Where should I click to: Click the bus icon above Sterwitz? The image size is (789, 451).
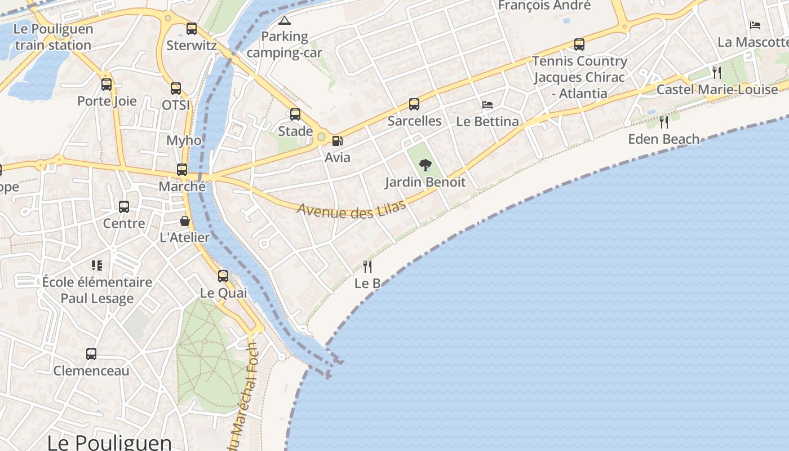[192, 28]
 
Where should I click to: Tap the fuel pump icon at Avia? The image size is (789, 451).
[337, 140]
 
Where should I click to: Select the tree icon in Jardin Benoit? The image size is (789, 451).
[425, 165]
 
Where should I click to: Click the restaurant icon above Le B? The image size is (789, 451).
[367, 266]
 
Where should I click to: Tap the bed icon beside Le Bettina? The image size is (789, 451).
[487, 105]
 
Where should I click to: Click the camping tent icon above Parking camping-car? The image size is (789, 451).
[285, 21]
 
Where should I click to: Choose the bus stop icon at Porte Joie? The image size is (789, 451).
[107, 85]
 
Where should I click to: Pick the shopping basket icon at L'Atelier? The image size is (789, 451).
[185, 221]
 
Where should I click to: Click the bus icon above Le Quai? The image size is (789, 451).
[223, 276]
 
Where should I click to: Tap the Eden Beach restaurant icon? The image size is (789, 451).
[664, 122]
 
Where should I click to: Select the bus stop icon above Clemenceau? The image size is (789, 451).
[91, 354]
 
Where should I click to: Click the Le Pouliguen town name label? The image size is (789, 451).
[109, 441]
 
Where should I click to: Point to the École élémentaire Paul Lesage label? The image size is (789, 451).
[97, 290]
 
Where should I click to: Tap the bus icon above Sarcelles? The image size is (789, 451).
[414, 104]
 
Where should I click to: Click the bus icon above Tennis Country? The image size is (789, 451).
[579, 44]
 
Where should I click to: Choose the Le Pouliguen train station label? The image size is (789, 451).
[53, 37]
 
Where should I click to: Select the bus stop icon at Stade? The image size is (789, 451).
[295, 114]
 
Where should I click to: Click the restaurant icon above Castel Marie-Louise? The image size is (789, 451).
[716, 72]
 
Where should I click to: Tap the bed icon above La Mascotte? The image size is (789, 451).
[755, 25]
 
